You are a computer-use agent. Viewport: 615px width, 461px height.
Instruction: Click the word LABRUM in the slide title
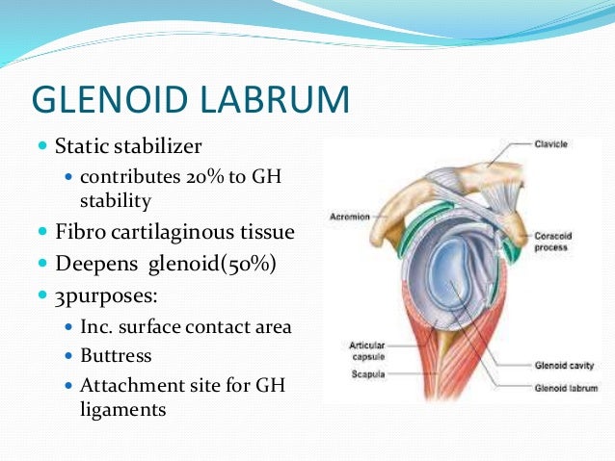(x=280, y=99)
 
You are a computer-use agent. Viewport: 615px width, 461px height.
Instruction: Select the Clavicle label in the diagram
(x=551, y=143)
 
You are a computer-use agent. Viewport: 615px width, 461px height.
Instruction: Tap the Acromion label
(x=350, y=217)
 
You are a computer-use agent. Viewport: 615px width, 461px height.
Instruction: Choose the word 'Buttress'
(x=116, y=355)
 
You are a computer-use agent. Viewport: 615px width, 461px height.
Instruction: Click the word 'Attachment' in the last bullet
(x=126, y=386)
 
